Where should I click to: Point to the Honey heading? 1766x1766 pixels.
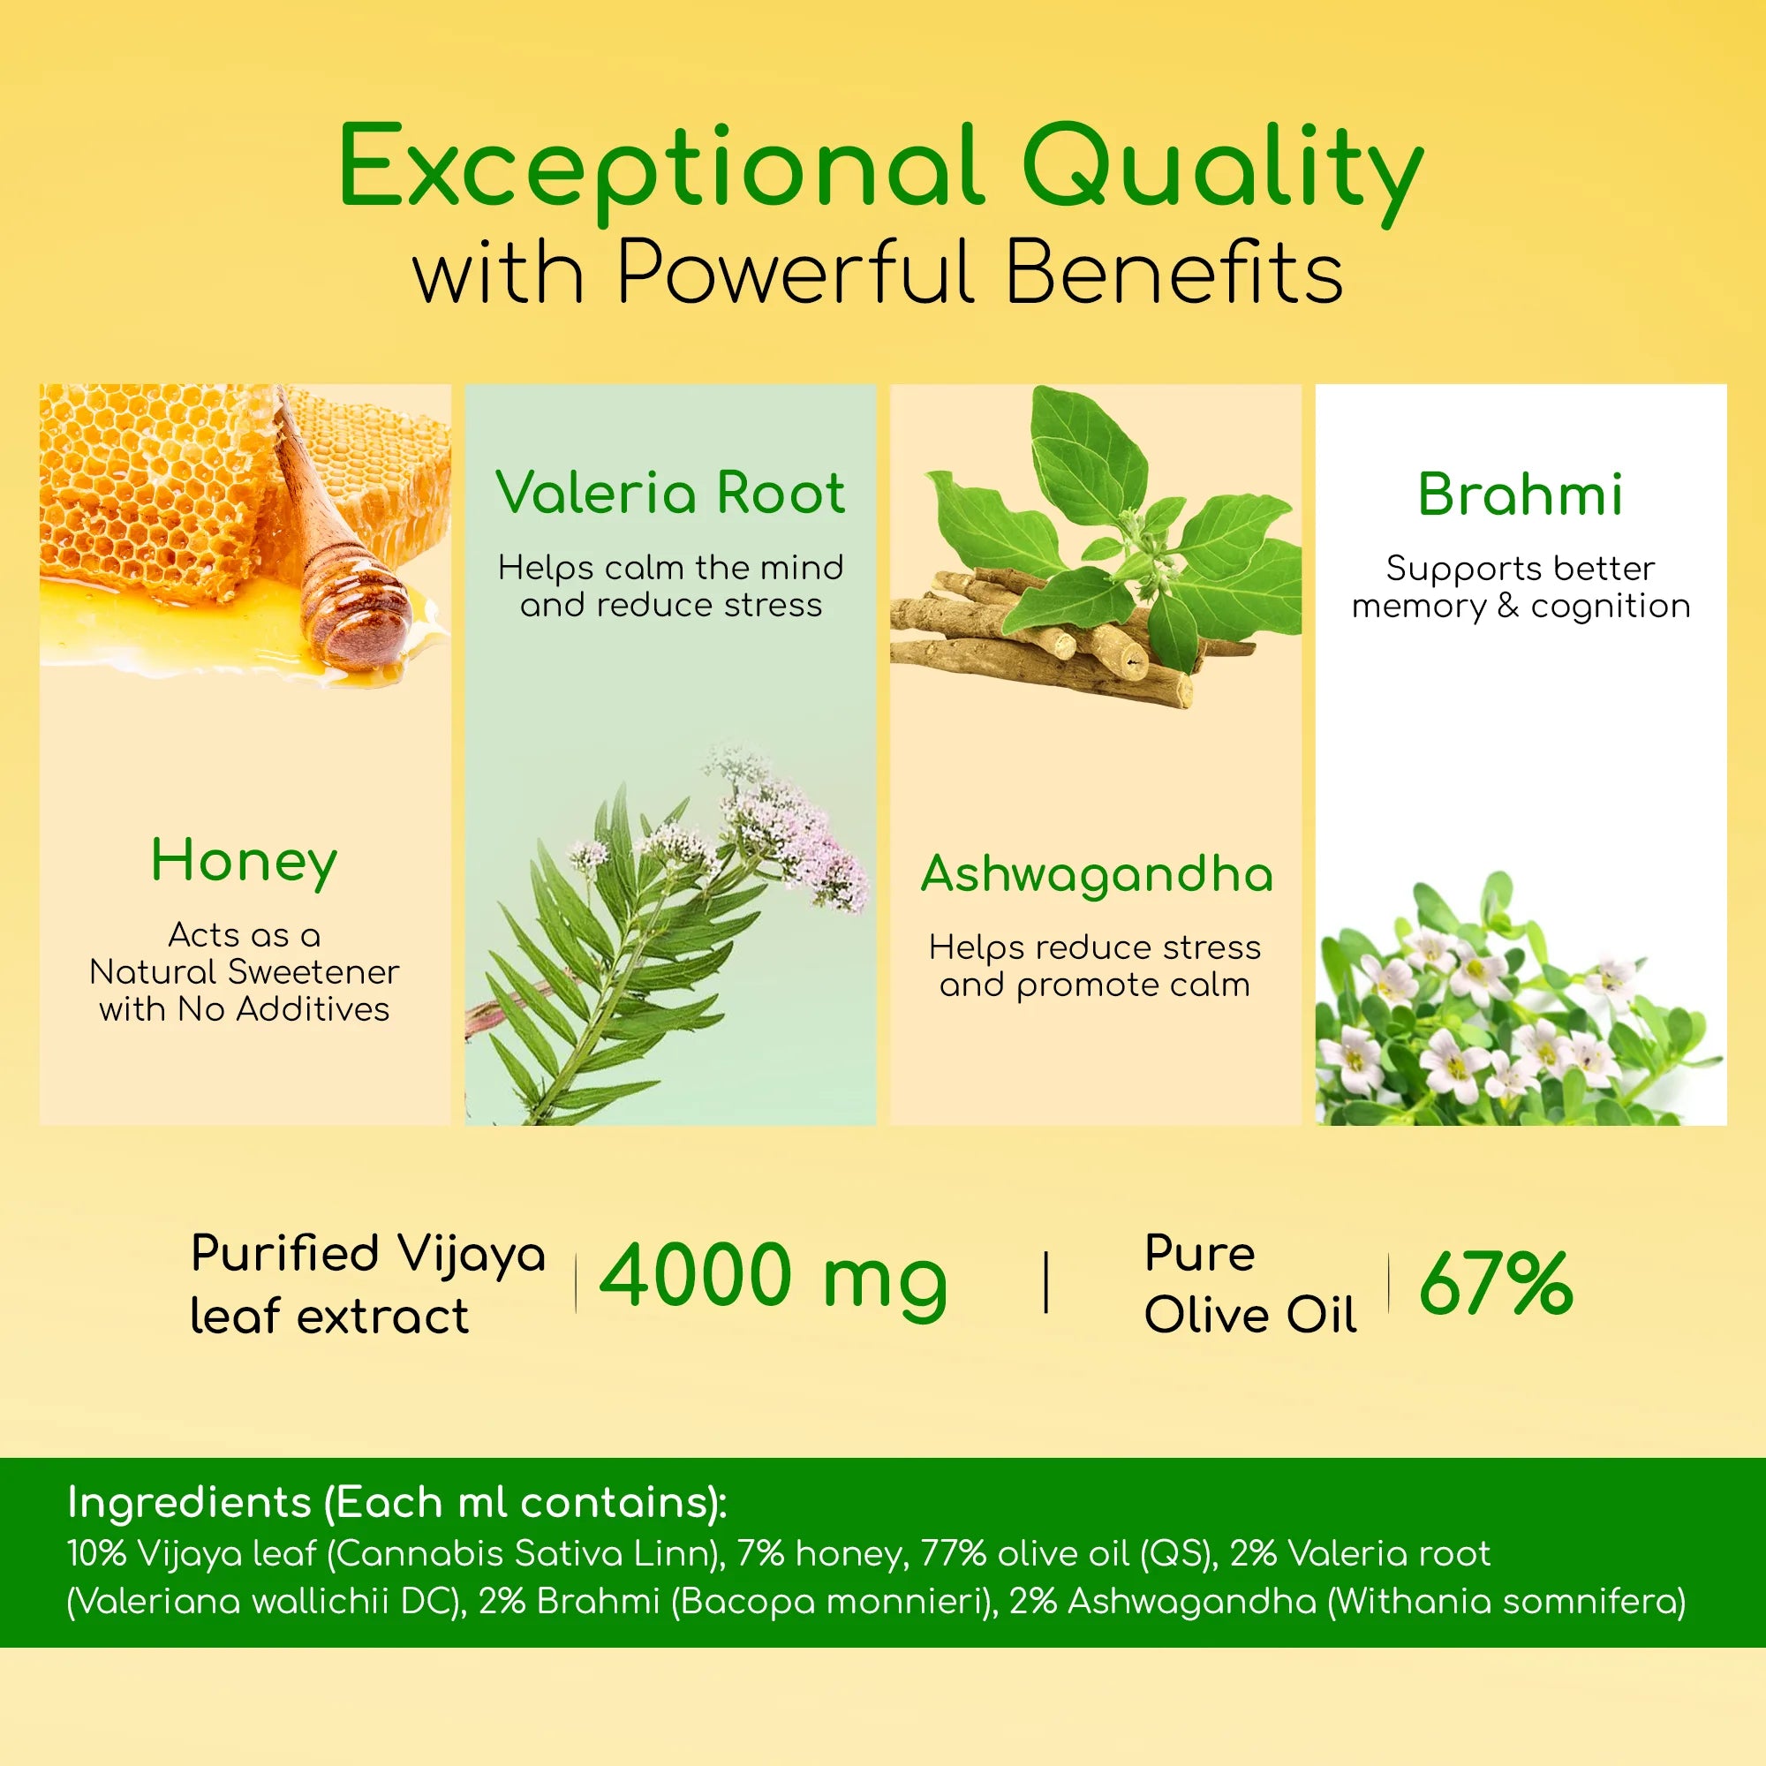(244, 861)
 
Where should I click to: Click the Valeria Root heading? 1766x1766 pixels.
(670, 493)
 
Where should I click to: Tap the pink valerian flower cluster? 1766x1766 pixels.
(786, 832)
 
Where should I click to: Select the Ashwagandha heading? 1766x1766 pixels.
(1096, 874)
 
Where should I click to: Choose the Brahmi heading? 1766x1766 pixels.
(1521, 494)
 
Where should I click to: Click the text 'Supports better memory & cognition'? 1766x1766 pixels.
(1521, 587)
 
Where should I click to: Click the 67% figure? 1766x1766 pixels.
(1496, 1283)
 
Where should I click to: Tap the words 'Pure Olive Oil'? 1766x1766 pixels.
(1249, 1284)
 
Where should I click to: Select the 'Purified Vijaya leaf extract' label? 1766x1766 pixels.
(366, 1284)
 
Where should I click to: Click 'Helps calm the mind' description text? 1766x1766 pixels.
(670, 568)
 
